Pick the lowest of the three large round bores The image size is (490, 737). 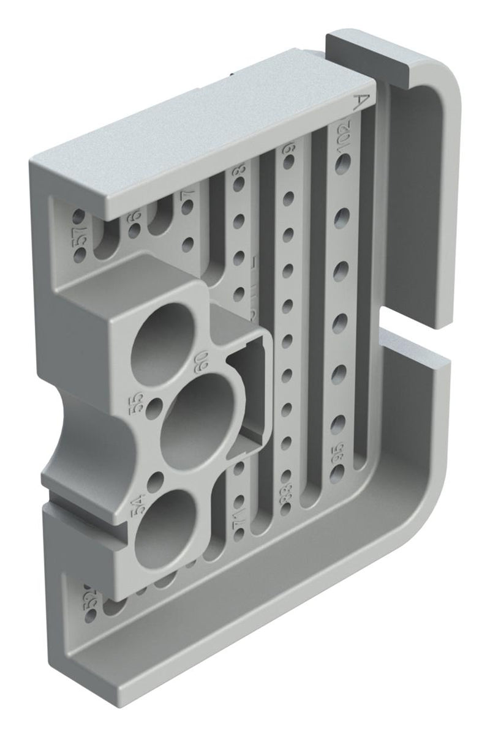tap(165, 520)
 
